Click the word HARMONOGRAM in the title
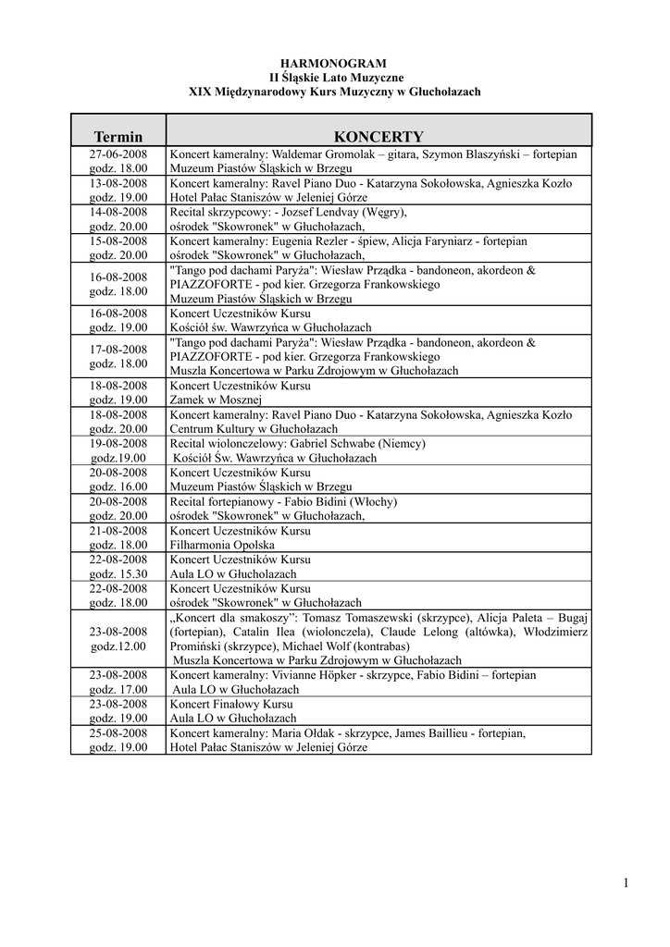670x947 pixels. (335, 62)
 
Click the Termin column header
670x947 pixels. (118, 136)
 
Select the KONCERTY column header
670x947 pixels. (378, 135)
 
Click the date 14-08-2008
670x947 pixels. (118, 212)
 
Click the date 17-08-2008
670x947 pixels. (118, 350)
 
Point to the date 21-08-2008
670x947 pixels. (118, 531)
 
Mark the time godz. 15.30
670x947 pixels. (118, 573)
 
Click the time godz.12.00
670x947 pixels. (118, 646)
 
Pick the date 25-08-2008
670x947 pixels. (118, 732)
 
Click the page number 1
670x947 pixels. (626, 883)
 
